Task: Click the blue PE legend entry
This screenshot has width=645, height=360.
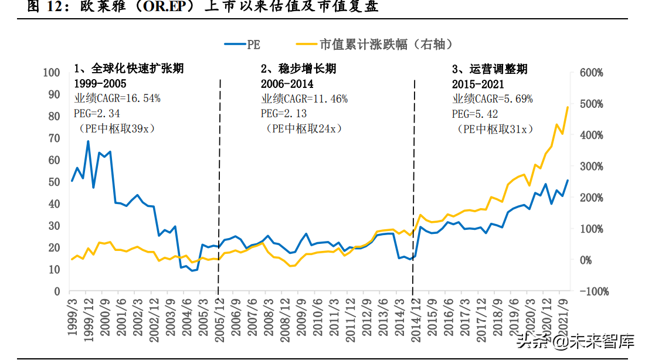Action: click(242, 44)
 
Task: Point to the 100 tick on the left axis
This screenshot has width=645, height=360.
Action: click(52, 73)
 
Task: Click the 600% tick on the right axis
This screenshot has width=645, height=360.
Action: click(592, 73)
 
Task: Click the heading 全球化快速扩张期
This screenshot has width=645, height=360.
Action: click(128, 69)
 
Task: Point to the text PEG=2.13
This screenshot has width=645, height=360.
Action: click(284, 113)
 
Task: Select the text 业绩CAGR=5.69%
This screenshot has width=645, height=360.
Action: click(493, 99)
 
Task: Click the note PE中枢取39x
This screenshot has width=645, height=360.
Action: click(112, 128)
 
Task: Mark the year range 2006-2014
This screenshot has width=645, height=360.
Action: click(287, 84)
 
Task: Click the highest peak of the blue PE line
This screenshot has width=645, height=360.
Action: click(88, 141)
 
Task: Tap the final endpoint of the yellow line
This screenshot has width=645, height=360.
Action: click(568, 107)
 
